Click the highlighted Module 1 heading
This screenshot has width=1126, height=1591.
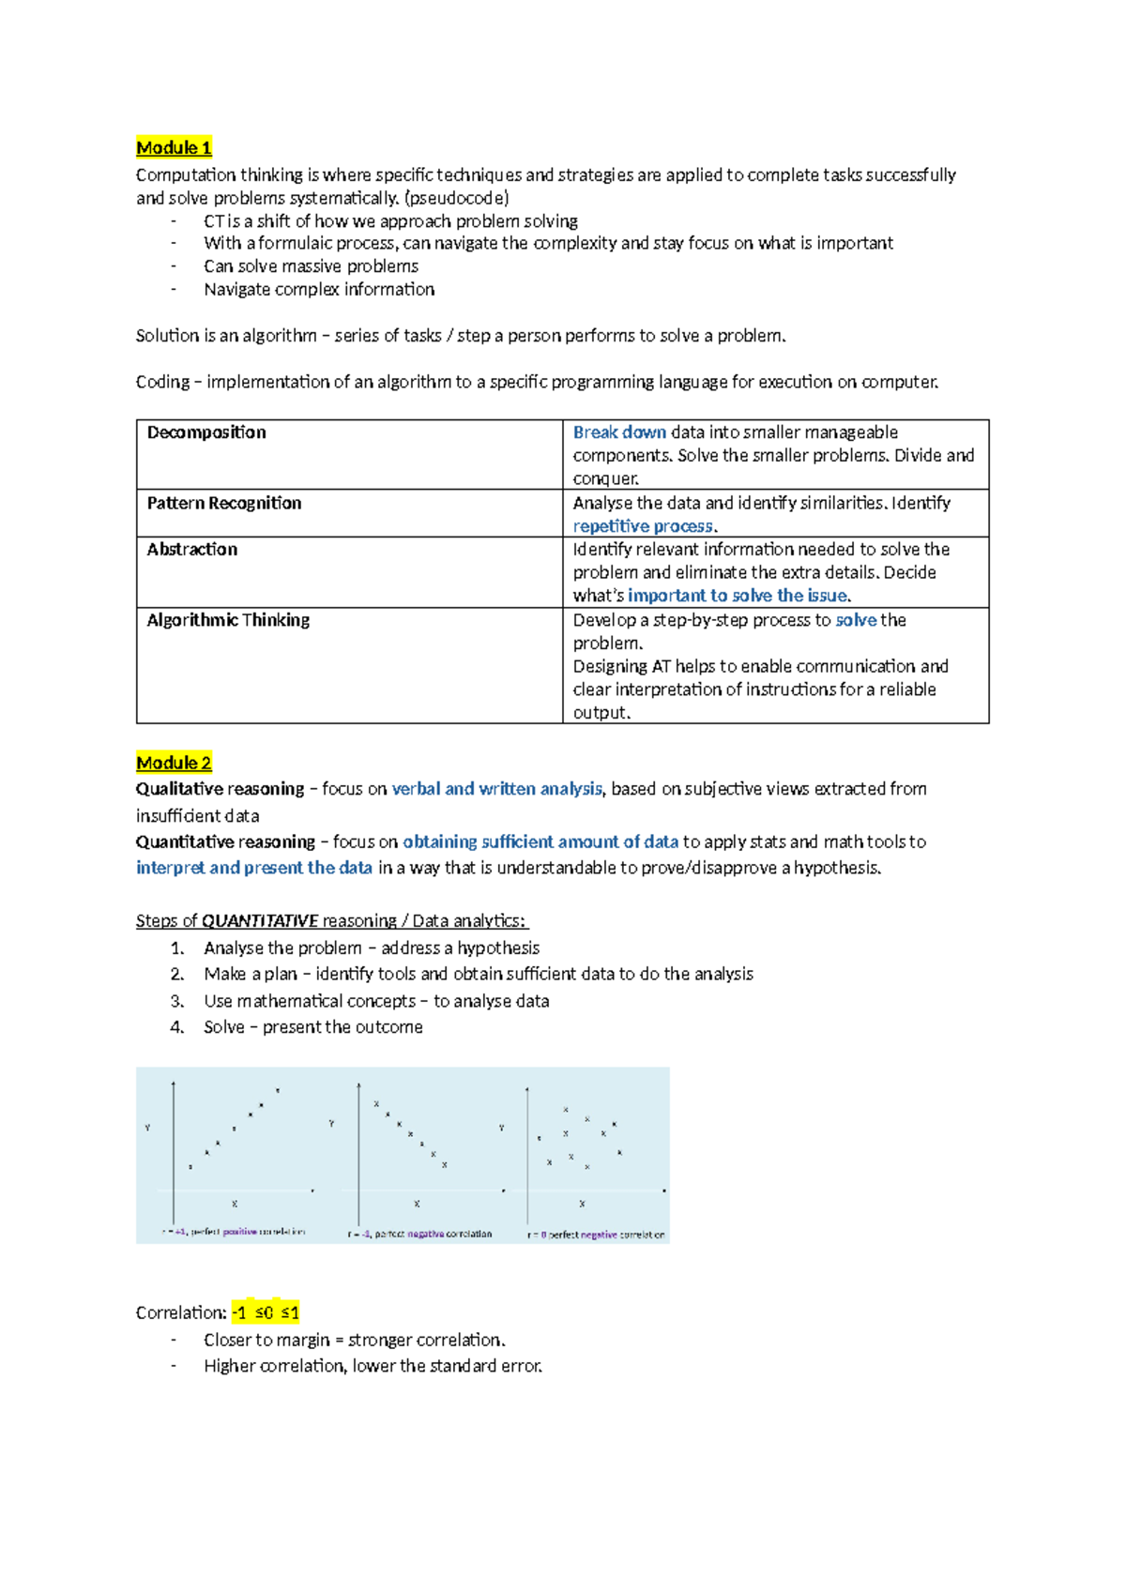click(174, 147)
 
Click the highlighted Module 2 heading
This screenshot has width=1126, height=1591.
click(174, 763)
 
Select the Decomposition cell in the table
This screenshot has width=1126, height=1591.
click(206, 432)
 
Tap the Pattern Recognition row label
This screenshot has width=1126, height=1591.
click(224, 503)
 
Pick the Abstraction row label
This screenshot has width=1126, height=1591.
click(192, 550)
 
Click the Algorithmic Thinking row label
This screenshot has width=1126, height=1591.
click(228, 620)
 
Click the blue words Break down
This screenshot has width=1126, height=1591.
click(619, 432)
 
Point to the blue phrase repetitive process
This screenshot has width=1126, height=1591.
click(643, 526)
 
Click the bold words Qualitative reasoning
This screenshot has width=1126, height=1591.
click(220, 789)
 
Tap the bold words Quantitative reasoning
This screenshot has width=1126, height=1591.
click(225, 841)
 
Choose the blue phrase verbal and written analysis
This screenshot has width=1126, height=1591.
click(496, 789)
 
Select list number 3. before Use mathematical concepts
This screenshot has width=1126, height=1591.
click(177, 1001)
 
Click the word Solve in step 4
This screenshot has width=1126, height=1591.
click(224, 1027)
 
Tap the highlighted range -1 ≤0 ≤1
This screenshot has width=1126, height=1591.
click(266, 1312)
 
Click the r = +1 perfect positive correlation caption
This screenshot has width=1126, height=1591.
click(235, 1232)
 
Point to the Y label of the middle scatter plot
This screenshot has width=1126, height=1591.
click(331, 1123)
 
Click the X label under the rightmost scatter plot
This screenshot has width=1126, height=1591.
click(582, 1204)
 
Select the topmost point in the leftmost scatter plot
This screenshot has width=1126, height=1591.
click(278, 1090)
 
